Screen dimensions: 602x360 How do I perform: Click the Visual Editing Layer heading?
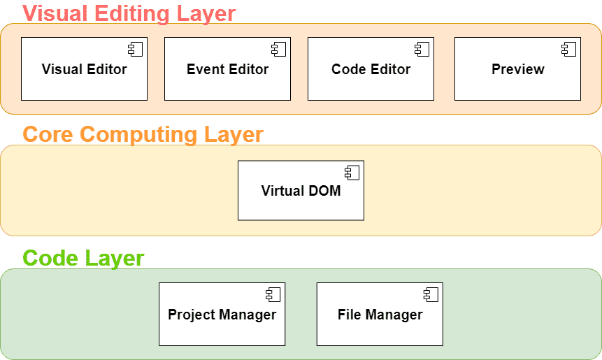coord(129,14)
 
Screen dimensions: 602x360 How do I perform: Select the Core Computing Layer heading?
coord(143,135)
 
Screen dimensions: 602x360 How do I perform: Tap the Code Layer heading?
coord(83,259)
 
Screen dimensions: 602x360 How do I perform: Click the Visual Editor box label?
coord(84,69)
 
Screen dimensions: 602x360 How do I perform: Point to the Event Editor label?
coord(228,69)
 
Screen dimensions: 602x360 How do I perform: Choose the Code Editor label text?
coord(371,69)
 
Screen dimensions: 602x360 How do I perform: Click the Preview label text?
coord(518,69)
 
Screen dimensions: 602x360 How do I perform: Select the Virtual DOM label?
coord(301,191)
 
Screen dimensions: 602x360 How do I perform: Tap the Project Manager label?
coord(222,315)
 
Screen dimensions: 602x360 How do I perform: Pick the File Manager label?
coord(380,315)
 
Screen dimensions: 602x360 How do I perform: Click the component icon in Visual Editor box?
coord(136,49)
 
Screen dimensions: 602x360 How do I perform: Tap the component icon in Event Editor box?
coord(279,49)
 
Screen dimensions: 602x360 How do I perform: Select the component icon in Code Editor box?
coord(422,49)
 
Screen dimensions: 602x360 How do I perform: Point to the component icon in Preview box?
coord(568,49)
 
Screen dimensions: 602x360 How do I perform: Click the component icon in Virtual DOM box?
coord(352,173)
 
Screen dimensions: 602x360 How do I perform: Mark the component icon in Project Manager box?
coord(273,295)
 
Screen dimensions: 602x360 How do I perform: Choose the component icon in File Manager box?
coord(431,295)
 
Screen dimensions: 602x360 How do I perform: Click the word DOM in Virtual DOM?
coord(324,191)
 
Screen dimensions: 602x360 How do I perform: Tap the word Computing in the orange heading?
coord(138,135)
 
